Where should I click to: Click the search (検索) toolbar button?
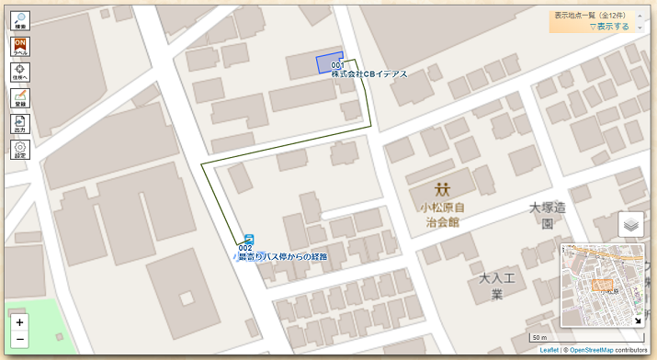[x=20, y=21]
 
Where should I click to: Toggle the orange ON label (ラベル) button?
[x=20, y=47]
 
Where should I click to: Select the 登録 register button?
[x=20, y=98]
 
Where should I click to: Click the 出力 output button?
[x=20, y=124]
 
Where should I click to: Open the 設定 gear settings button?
[x=20, y=150]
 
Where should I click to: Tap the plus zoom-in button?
[x=20, y=322]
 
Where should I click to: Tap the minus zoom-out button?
[x=20, y=340]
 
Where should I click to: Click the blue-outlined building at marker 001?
[x=329, y=62]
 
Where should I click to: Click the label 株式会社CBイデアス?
[x=368, y=74]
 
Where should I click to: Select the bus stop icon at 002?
[x=248, y=239]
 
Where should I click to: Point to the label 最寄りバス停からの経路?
[x=283, y=256]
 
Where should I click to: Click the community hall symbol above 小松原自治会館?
[x=444, y=189]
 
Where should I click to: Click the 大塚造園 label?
[x=547, y=215]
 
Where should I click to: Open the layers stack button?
[x=630, y=224]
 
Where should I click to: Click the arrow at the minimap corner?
[x=639, y=321]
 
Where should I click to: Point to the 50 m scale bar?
[x=539, y=338]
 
